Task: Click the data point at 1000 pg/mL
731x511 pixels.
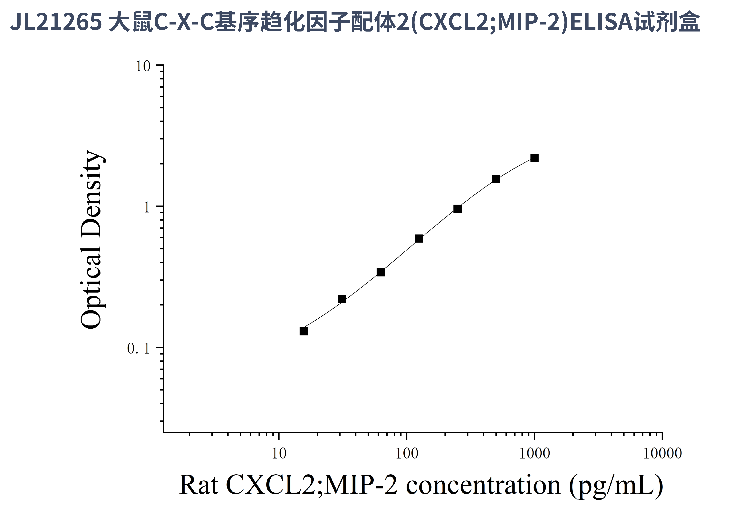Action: [534, 158]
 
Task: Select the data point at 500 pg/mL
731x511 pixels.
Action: [496, 179]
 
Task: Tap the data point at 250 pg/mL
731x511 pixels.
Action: [457, 209]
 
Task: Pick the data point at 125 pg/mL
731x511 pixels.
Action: [419, 238]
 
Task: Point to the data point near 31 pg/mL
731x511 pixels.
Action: [342, 299]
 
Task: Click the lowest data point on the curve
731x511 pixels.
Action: [304, 331]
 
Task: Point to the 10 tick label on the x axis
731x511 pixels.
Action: [279, 454]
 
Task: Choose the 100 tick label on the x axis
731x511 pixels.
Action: [407, 454]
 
